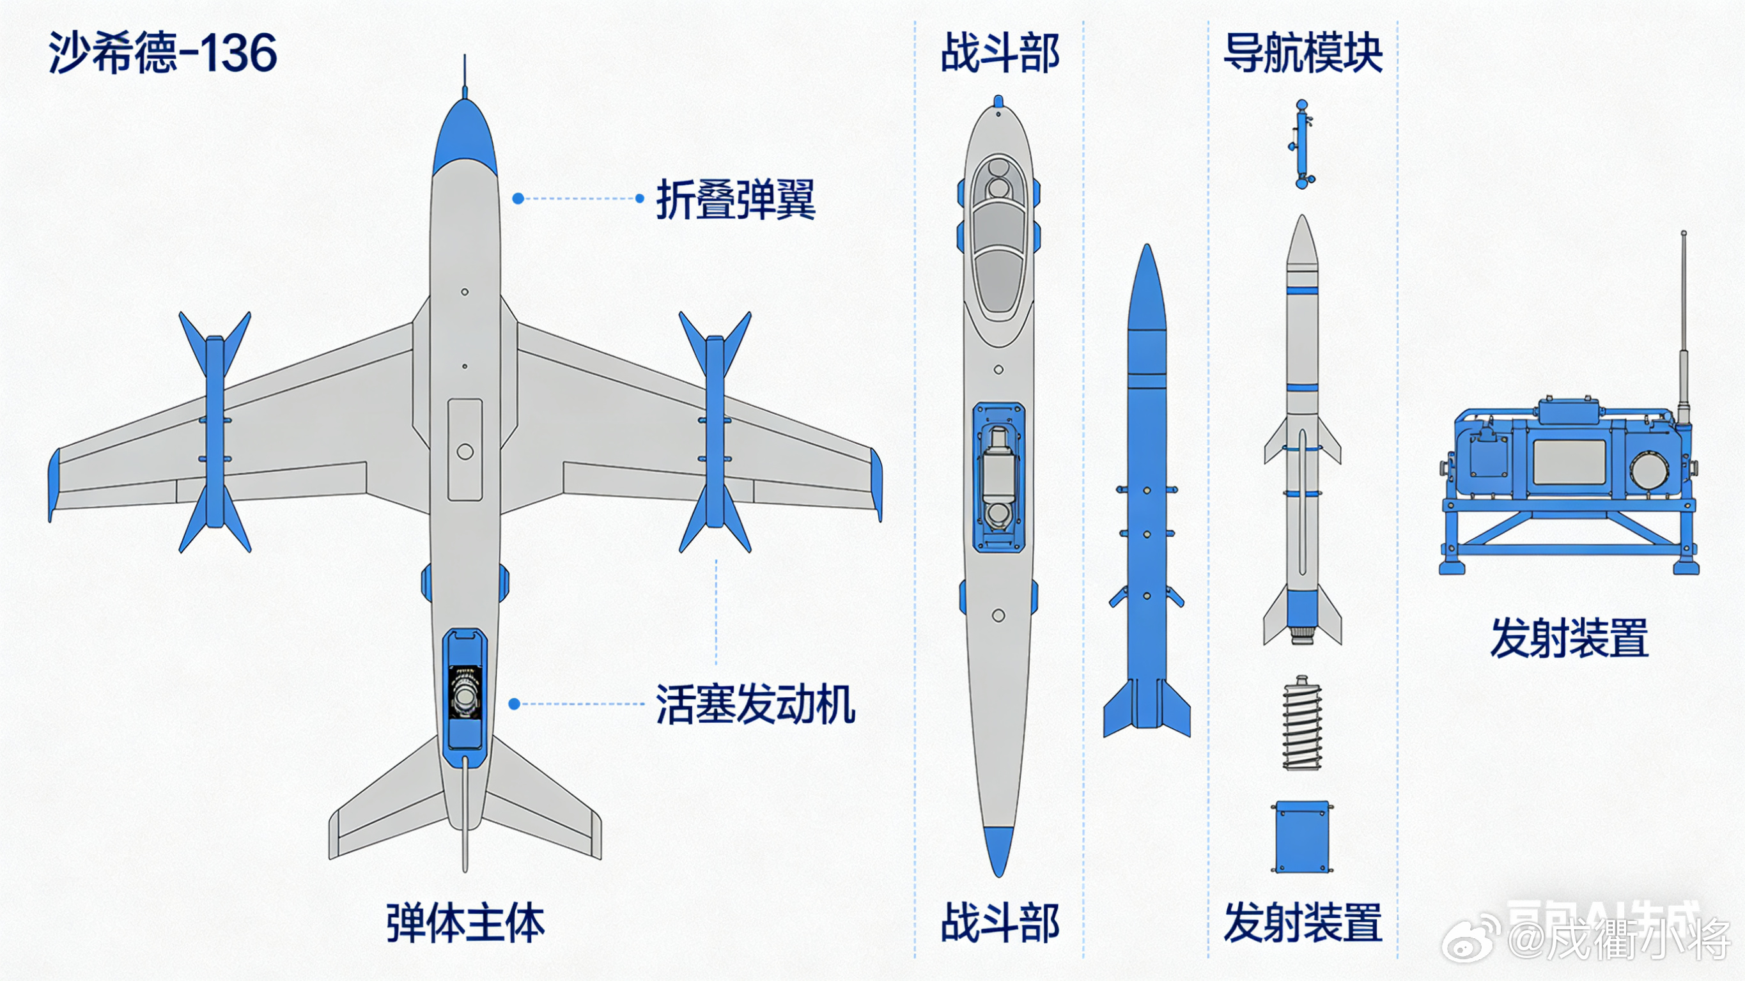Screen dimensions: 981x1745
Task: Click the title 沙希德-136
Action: (x=162, y=53)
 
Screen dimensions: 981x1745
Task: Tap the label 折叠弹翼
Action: (x=736, y=199)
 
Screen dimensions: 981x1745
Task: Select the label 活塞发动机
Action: (x=755, y=704)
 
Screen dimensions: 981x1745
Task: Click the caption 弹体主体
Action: (x=465, y=923)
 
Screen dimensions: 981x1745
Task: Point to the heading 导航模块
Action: (x=1303, y=53)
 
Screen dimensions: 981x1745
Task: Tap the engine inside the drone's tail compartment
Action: (x=465, y=695)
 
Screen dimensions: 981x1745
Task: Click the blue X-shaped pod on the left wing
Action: (x=215, y=431)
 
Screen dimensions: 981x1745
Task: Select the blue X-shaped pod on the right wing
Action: (x=715, y=431)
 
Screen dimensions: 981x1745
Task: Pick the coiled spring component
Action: (x=1302, y=723)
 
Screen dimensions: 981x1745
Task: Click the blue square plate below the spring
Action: (x=1301, y=837)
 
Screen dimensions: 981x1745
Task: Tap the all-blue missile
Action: (x=1146, y=501)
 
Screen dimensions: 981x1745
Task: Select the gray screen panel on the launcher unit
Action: (x=1569, y=462)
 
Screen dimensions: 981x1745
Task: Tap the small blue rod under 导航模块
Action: (x=1302, y=144)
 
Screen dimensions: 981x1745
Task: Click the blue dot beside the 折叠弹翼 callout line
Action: (x=518, y=199)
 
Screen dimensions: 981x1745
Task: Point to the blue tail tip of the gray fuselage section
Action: (x=998, y=850)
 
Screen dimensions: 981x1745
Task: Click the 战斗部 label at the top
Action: (x=1000, y=53)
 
